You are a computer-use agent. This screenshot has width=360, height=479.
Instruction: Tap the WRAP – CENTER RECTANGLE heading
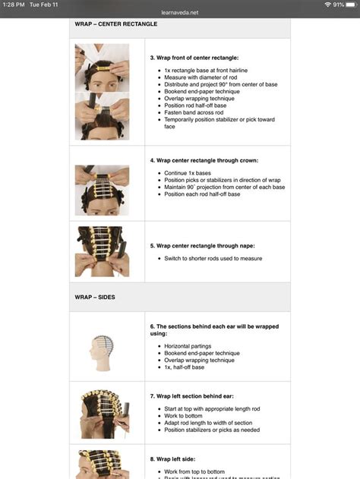click(116, 24)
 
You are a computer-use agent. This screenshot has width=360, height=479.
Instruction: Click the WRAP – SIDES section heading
click(95, 297)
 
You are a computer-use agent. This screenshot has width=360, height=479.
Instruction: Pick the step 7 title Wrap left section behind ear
click(202, 395)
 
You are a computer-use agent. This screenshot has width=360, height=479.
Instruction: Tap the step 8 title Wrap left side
click(179, 459)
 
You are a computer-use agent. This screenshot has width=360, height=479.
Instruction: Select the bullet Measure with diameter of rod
click(201, 77)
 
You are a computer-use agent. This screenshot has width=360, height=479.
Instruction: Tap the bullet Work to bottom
click(183, 415)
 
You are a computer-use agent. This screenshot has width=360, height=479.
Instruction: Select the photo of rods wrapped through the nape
click(102, 251)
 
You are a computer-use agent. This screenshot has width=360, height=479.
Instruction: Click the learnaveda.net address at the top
click(179, 13)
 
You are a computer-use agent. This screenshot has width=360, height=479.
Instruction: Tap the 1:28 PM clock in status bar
click(14, 5)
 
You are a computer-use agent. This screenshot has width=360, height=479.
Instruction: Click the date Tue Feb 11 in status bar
click(45, 5)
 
